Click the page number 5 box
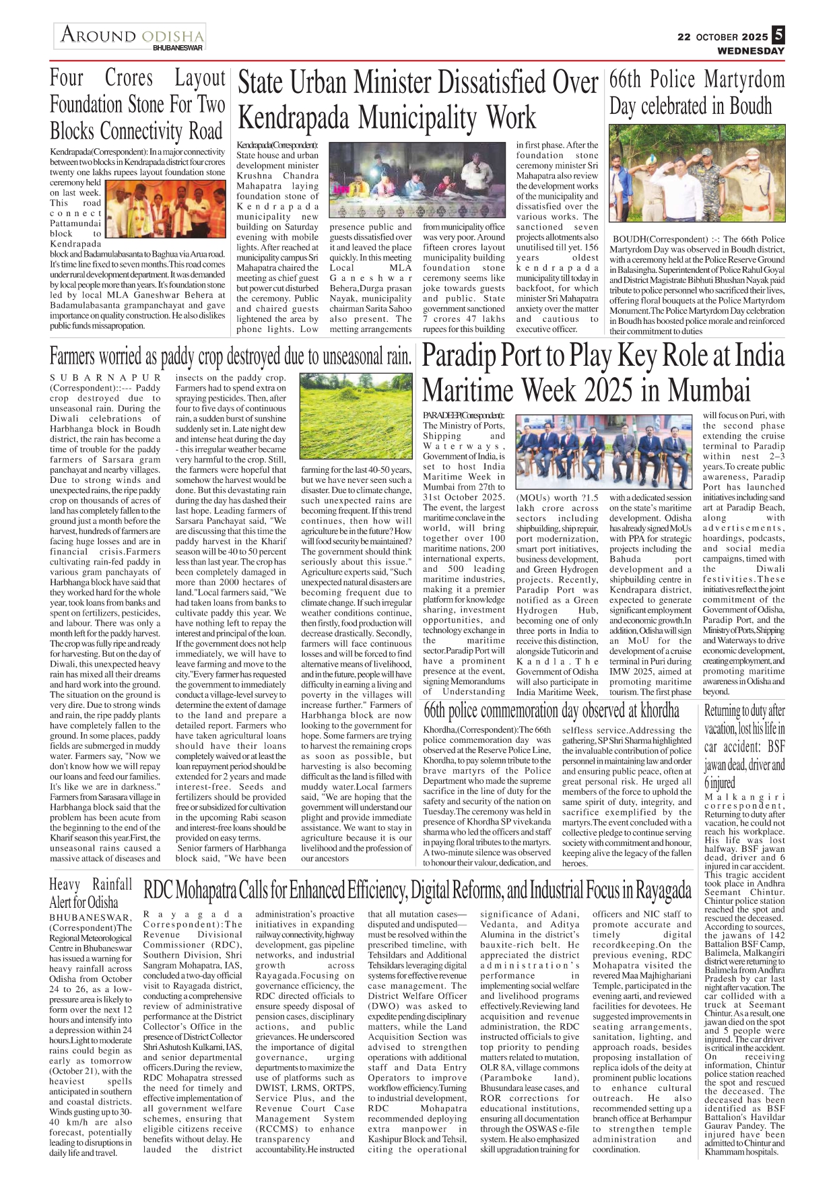tap(778, 34)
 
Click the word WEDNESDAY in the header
tap(750, 51)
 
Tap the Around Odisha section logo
tap(130, 37)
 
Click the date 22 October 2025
tap(723, 37)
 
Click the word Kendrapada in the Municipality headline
tap(293, 117)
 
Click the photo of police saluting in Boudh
tap(696, 173)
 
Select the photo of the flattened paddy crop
tap(356, 416)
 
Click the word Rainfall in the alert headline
tap(112, 884)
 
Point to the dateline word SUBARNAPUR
tap(105, 378)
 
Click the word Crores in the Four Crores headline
tap(129, 78)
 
